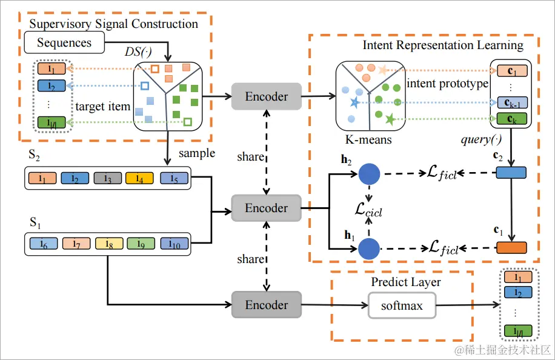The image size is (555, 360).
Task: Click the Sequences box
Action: pyautogui.click(x=64, y=42)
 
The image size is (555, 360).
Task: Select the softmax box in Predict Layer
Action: pyautogui.click(x=402, y=305)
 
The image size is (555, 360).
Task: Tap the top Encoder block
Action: pyautogui.click(x=267, y=96)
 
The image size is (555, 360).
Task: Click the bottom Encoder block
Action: pyautogui.click(x=267, y=305)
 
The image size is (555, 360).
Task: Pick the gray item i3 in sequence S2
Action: pyautogui.click(x=108, y=179)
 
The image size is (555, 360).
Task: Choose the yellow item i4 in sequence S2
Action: pyautogui.click(x=140, y=179)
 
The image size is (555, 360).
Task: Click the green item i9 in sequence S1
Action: pyautogui.click(x=140, y=244)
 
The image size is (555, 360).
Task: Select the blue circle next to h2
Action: pyautogui.click(x=369, y=175)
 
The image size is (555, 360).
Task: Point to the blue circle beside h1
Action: pyautogui.click(x=369, y=248)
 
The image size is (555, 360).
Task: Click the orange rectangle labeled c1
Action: pyautogui.click(x=511, y=247)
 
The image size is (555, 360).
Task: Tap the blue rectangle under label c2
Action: pyautogui.click(x=511, y=173)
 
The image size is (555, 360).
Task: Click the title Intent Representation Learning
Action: pyautogui.click(x=443, y=45)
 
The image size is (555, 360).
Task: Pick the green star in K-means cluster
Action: pyautogui.click(x=390, y=119)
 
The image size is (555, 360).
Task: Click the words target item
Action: pyautogui.click(x=103, y=107)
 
